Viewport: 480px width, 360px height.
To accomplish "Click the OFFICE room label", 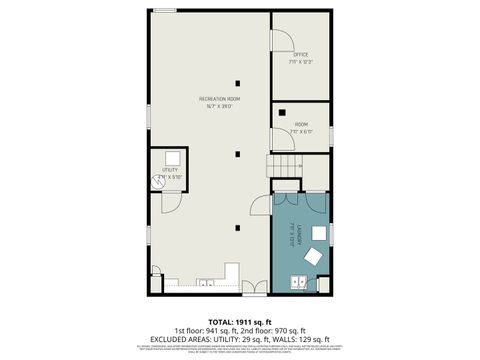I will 300,55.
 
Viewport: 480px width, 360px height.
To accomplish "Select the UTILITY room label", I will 170,170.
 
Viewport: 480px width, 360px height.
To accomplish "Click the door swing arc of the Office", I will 283,41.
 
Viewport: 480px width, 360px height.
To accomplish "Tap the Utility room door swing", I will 171,201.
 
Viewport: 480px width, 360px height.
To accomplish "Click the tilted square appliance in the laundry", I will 312,257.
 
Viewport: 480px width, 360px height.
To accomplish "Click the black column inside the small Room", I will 283,112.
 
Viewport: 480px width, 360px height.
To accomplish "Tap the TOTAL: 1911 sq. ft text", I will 239,322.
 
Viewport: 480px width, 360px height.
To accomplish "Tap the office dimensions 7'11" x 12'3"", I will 300,62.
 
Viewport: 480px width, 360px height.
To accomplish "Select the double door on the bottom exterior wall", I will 254,289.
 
